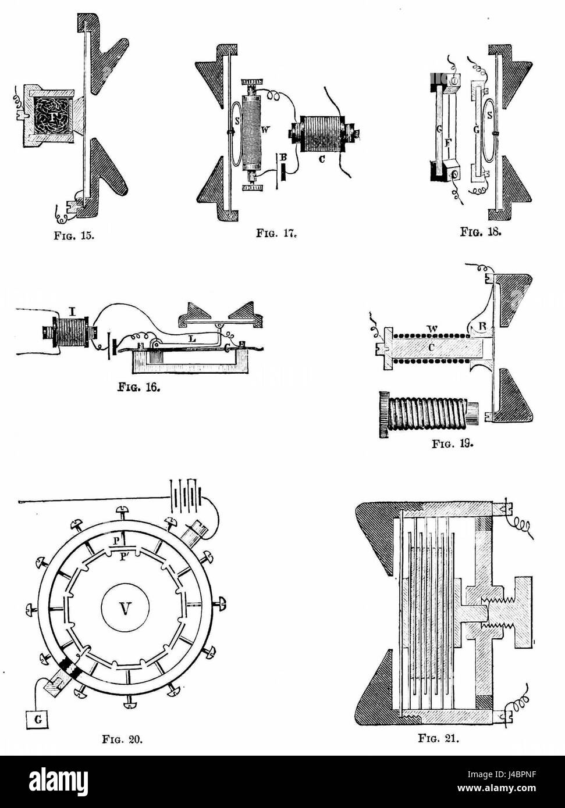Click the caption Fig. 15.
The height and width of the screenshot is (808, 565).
click(74, 236)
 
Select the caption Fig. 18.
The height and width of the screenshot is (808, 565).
click(481, 231)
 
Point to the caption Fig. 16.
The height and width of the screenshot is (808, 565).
click(139, 388)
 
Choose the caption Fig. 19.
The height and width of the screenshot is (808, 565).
click(453, 444)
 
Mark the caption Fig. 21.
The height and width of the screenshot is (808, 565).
click(439, 738)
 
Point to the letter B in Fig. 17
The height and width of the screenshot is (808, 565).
click(283, 158)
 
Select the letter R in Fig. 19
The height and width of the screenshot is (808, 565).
click(482, 326)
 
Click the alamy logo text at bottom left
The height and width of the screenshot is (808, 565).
click(59, 779)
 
